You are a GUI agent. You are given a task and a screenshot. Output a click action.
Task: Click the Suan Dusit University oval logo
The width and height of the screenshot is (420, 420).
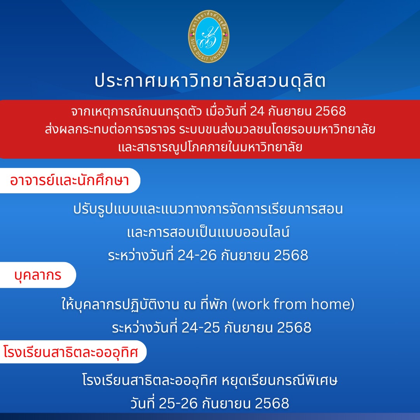click(x=208, y=37)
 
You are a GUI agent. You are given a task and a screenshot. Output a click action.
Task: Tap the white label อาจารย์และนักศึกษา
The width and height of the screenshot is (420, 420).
click(x=70, y=180)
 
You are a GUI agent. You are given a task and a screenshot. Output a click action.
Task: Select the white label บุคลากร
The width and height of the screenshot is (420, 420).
click(x=38, y=275)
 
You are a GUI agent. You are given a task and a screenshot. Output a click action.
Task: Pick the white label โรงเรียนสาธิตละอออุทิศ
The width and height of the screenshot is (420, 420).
click(x=73, y=352)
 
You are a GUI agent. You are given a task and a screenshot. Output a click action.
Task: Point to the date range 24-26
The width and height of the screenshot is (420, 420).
click(x=197, y=255)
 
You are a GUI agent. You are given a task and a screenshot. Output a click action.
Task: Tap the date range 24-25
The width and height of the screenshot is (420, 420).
click(x=201, y=327)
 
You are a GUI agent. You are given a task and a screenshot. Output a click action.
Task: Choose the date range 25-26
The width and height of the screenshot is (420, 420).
click(x=178, y=403)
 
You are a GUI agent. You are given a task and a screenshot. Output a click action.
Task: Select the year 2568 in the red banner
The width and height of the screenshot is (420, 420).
click(x=331, y=111)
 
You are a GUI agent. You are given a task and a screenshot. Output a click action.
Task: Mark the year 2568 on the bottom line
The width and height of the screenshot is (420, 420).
click(x=272, y=403)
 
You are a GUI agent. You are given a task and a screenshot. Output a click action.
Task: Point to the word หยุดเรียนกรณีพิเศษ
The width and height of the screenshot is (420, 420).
click(x=279, y=380)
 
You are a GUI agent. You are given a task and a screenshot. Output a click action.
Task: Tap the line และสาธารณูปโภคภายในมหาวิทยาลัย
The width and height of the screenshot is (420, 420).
click(x=210, y=147)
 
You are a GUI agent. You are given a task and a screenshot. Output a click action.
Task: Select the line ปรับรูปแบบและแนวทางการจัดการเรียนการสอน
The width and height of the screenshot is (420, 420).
click(x=208, y=209)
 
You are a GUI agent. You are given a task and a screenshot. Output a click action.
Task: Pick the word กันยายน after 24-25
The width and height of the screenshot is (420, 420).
click(x=248, y=327)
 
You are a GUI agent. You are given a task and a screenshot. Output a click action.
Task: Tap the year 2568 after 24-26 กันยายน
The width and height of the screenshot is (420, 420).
click(x=291, y=255)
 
